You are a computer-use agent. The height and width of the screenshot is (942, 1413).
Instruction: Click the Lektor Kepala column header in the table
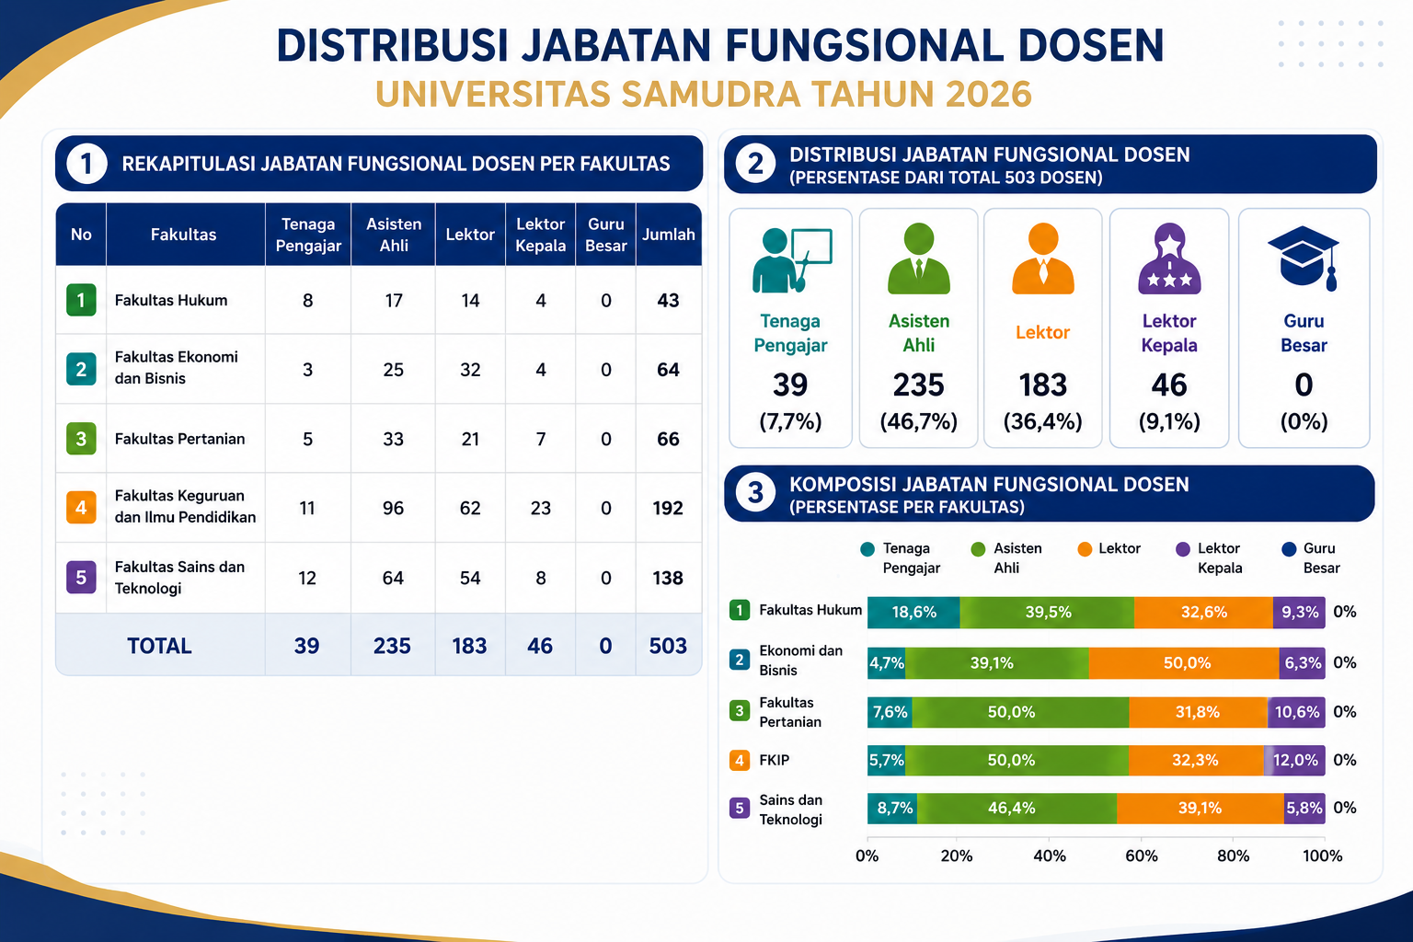click(541, 235)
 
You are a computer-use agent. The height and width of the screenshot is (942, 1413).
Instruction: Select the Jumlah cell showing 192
click(668, 508)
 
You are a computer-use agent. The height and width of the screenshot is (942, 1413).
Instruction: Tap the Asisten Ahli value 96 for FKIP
click(393, 508)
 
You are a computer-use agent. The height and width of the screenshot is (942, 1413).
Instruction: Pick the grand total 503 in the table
click(668, 646)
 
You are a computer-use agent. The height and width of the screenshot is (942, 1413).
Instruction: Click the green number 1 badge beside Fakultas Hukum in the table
click(81, 300)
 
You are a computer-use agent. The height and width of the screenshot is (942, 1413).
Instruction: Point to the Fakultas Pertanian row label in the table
click(179, 439)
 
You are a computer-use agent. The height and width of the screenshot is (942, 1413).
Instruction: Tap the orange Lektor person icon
click(1042, 258)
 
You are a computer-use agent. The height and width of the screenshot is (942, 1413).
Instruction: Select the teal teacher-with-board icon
click(792, 260)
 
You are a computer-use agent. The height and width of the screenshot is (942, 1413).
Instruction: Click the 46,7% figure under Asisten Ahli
click(918, 420)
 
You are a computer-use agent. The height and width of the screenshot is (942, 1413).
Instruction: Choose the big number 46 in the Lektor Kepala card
click(1169, 385)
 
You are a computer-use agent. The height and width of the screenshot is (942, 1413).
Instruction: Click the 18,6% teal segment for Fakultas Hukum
click(913, 612)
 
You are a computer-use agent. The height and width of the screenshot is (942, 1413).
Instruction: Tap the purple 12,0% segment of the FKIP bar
click(1295, 760)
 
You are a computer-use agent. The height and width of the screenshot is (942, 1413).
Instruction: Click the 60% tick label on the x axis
click(1141, 856)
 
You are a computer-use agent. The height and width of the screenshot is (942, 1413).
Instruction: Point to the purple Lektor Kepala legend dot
click(1183, 549)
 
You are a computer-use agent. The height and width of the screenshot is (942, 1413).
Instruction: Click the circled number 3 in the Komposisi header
click(755, 493)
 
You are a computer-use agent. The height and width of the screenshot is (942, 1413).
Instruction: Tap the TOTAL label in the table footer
click(159, 646)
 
